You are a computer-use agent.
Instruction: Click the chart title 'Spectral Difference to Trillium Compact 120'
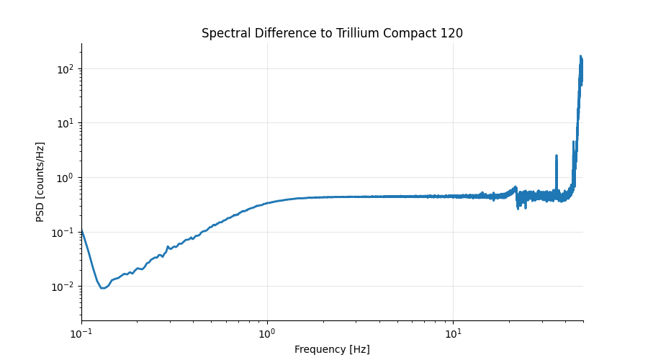pyautogui.click(x=332, y=33)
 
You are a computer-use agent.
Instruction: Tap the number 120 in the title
pyautogui.click(x=452, y=33)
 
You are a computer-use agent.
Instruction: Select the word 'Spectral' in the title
pyautogui.click(x=223, y=33)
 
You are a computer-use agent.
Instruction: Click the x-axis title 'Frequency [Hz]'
pyautogui.click(x=332, y=350)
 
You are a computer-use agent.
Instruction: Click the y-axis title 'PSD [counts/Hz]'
pyautogui.click(x=41, y=181)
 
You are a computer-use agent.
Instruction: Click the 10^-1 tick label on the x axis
pyautogui.click(x=81, y=334)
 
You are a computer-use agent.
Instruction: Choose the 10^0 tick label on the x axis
pyautogui.click(x=267, y=334)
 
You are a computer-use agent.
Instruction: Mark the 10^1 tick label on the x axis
pyautogui.click(x=453, y=334)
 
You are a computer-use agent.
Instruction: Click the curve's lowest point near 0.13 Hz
pyautogui.click(x=103, y=288)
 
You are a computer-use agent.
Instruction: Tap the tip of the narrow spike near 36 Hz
pyautogui.click(x=557, y=155)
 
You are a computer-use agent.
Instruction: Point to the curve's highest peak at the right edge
pyautogui.click(x=580, y=56)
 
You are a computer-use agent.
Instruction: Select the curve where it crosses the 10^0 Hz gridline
pyautogui.click(x=267, y=203)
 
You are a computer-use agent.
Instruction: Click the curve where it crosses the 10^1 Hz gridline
pyautogui.click(x=453, y=196)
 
